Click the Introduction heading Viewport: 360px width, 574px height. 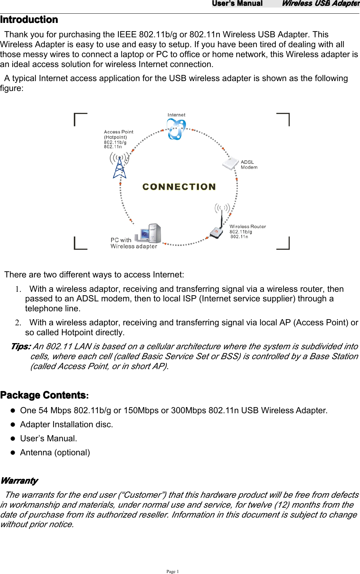point(29,19)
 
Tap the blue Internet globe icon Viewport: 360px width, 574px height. point(176,130)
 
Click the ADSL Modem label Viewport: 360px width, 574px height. point(249,165)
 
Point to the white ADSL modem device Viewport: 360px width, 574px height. point(230,163)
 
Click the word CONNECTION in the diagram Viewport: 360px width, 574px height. point(179,187)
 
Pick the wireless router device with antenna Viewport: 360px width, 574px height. point(218,227)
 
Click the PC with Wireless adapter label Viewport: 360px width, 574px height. point(134,243)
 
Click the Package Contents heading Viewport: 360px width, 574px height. point(43,395)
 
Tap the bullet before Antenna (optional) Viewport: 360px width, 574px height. point(13,453)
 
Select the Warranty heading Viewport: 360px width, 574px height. point(19,481)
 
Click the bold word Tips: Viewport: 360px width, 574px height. point(21,347)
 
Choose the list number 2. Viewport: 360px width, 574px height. point(18,323)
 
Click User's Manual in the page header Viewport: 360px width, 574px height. point(237,3)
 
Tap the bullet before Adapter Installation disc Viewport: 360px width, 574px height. point(13,425)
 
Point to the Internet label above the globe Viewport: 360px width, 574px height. point(176,115)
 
